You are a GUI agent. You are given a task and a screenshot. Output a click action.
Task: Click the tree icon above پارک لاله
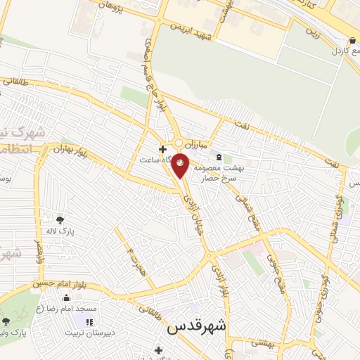(x=60, y=219)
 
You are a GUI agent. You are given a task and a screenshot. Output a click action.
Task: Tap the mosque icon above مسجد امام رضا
(x=66, y=298)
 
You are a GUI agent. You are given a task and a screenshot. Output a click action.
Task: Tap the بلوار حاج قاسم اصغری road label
(x=157, y=70)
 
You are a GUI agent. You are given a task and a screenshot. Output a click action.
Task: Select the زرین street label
(x=312, y=32)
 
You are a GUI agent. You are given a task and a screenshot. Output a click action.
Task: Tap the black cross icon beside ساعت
(x=162, y=149)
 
